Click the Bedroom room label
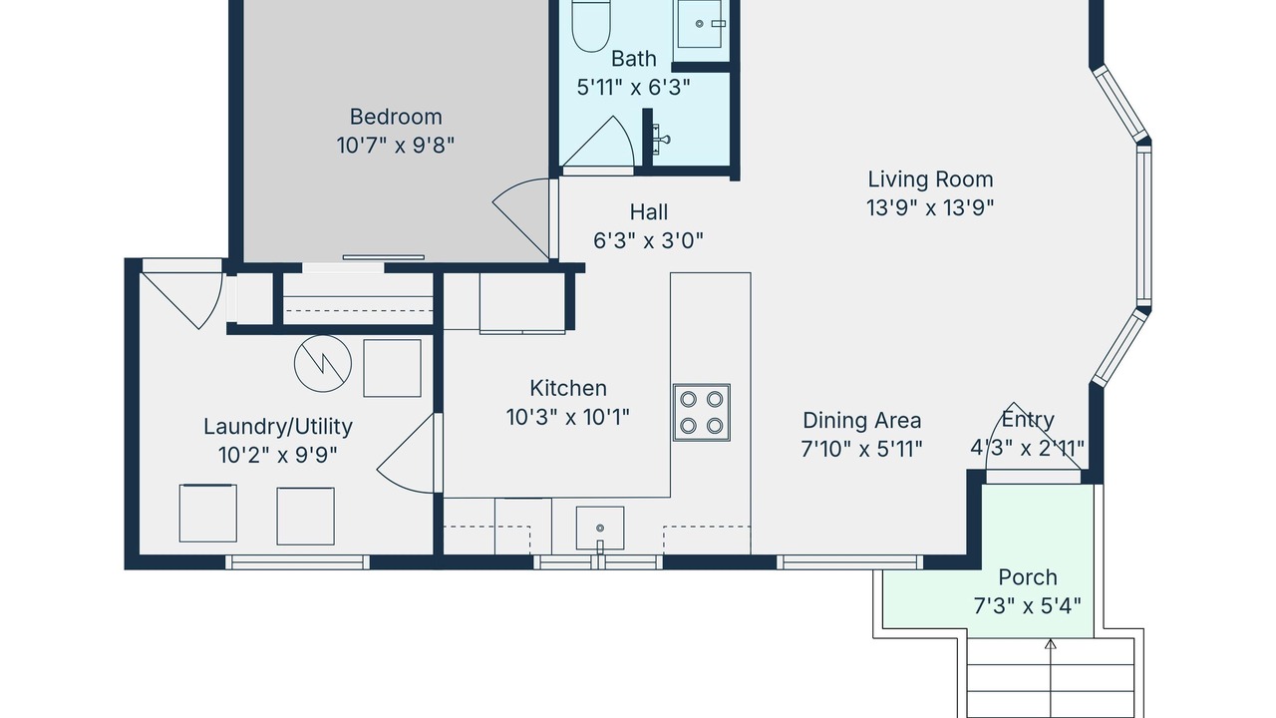click(396, 117)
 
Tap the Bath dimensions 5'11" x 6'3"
click(633, 88)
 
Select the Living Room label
click(930, 179)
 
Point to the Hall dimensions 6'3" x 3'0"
click(648, 241)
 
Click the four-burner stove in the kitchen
click(701, 413)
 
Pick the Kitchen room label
click(568, 388)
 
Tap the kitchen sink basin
click(600, 529)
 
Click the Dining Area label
click(862, 421)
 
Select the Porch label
click(1028, 577)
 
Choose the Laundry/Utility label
click(278, 427)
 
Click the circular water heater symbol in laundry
click(322, 363)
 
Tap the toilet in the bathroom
click(591, 26)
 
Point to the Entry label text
click(1028, 420)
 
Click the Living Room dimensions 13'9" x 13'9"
click(930, 208)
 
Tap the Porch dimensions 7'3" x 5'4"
click(1028, 605)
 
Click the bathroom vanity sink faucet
click(661, 139)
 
